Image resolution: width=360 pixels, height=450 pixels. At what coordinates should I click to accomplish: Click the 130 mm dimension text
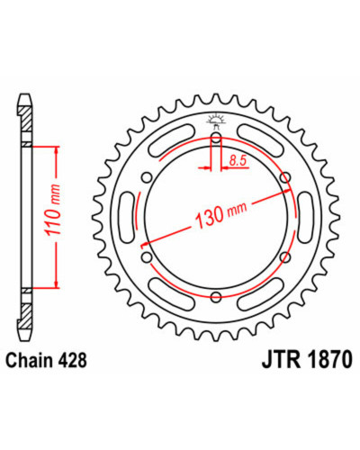coord(221,213)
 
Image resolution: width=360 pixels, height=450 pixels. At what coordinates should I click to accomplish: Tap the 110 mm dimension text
coord(53,210)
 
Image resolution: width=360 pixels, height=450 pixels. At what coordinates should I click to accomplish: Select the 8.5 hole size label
coord(238,161)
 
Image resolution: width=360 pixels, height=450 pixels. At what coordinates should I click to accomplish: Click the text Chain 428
coord(47,360)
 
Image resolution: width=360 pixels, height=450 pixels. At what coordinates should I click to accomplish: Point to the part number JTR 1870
coord(307,360)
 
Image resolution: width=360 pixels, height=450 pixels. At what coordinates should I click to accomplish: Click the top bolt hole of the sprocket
coord(216,139)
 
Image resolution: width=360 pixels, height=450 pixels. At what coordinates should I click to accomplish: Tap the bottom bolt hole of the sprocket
coord(216,297)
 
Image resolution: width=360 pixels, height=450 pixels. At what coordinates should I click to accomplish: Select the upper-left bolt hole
coord(147,178)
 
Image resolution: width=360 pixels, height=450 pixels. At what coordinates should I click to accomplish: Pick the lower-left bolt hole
coord(147,257)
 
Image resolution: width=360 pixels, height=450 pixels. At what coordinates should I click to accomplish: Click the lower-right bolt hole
coord(285,257)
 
